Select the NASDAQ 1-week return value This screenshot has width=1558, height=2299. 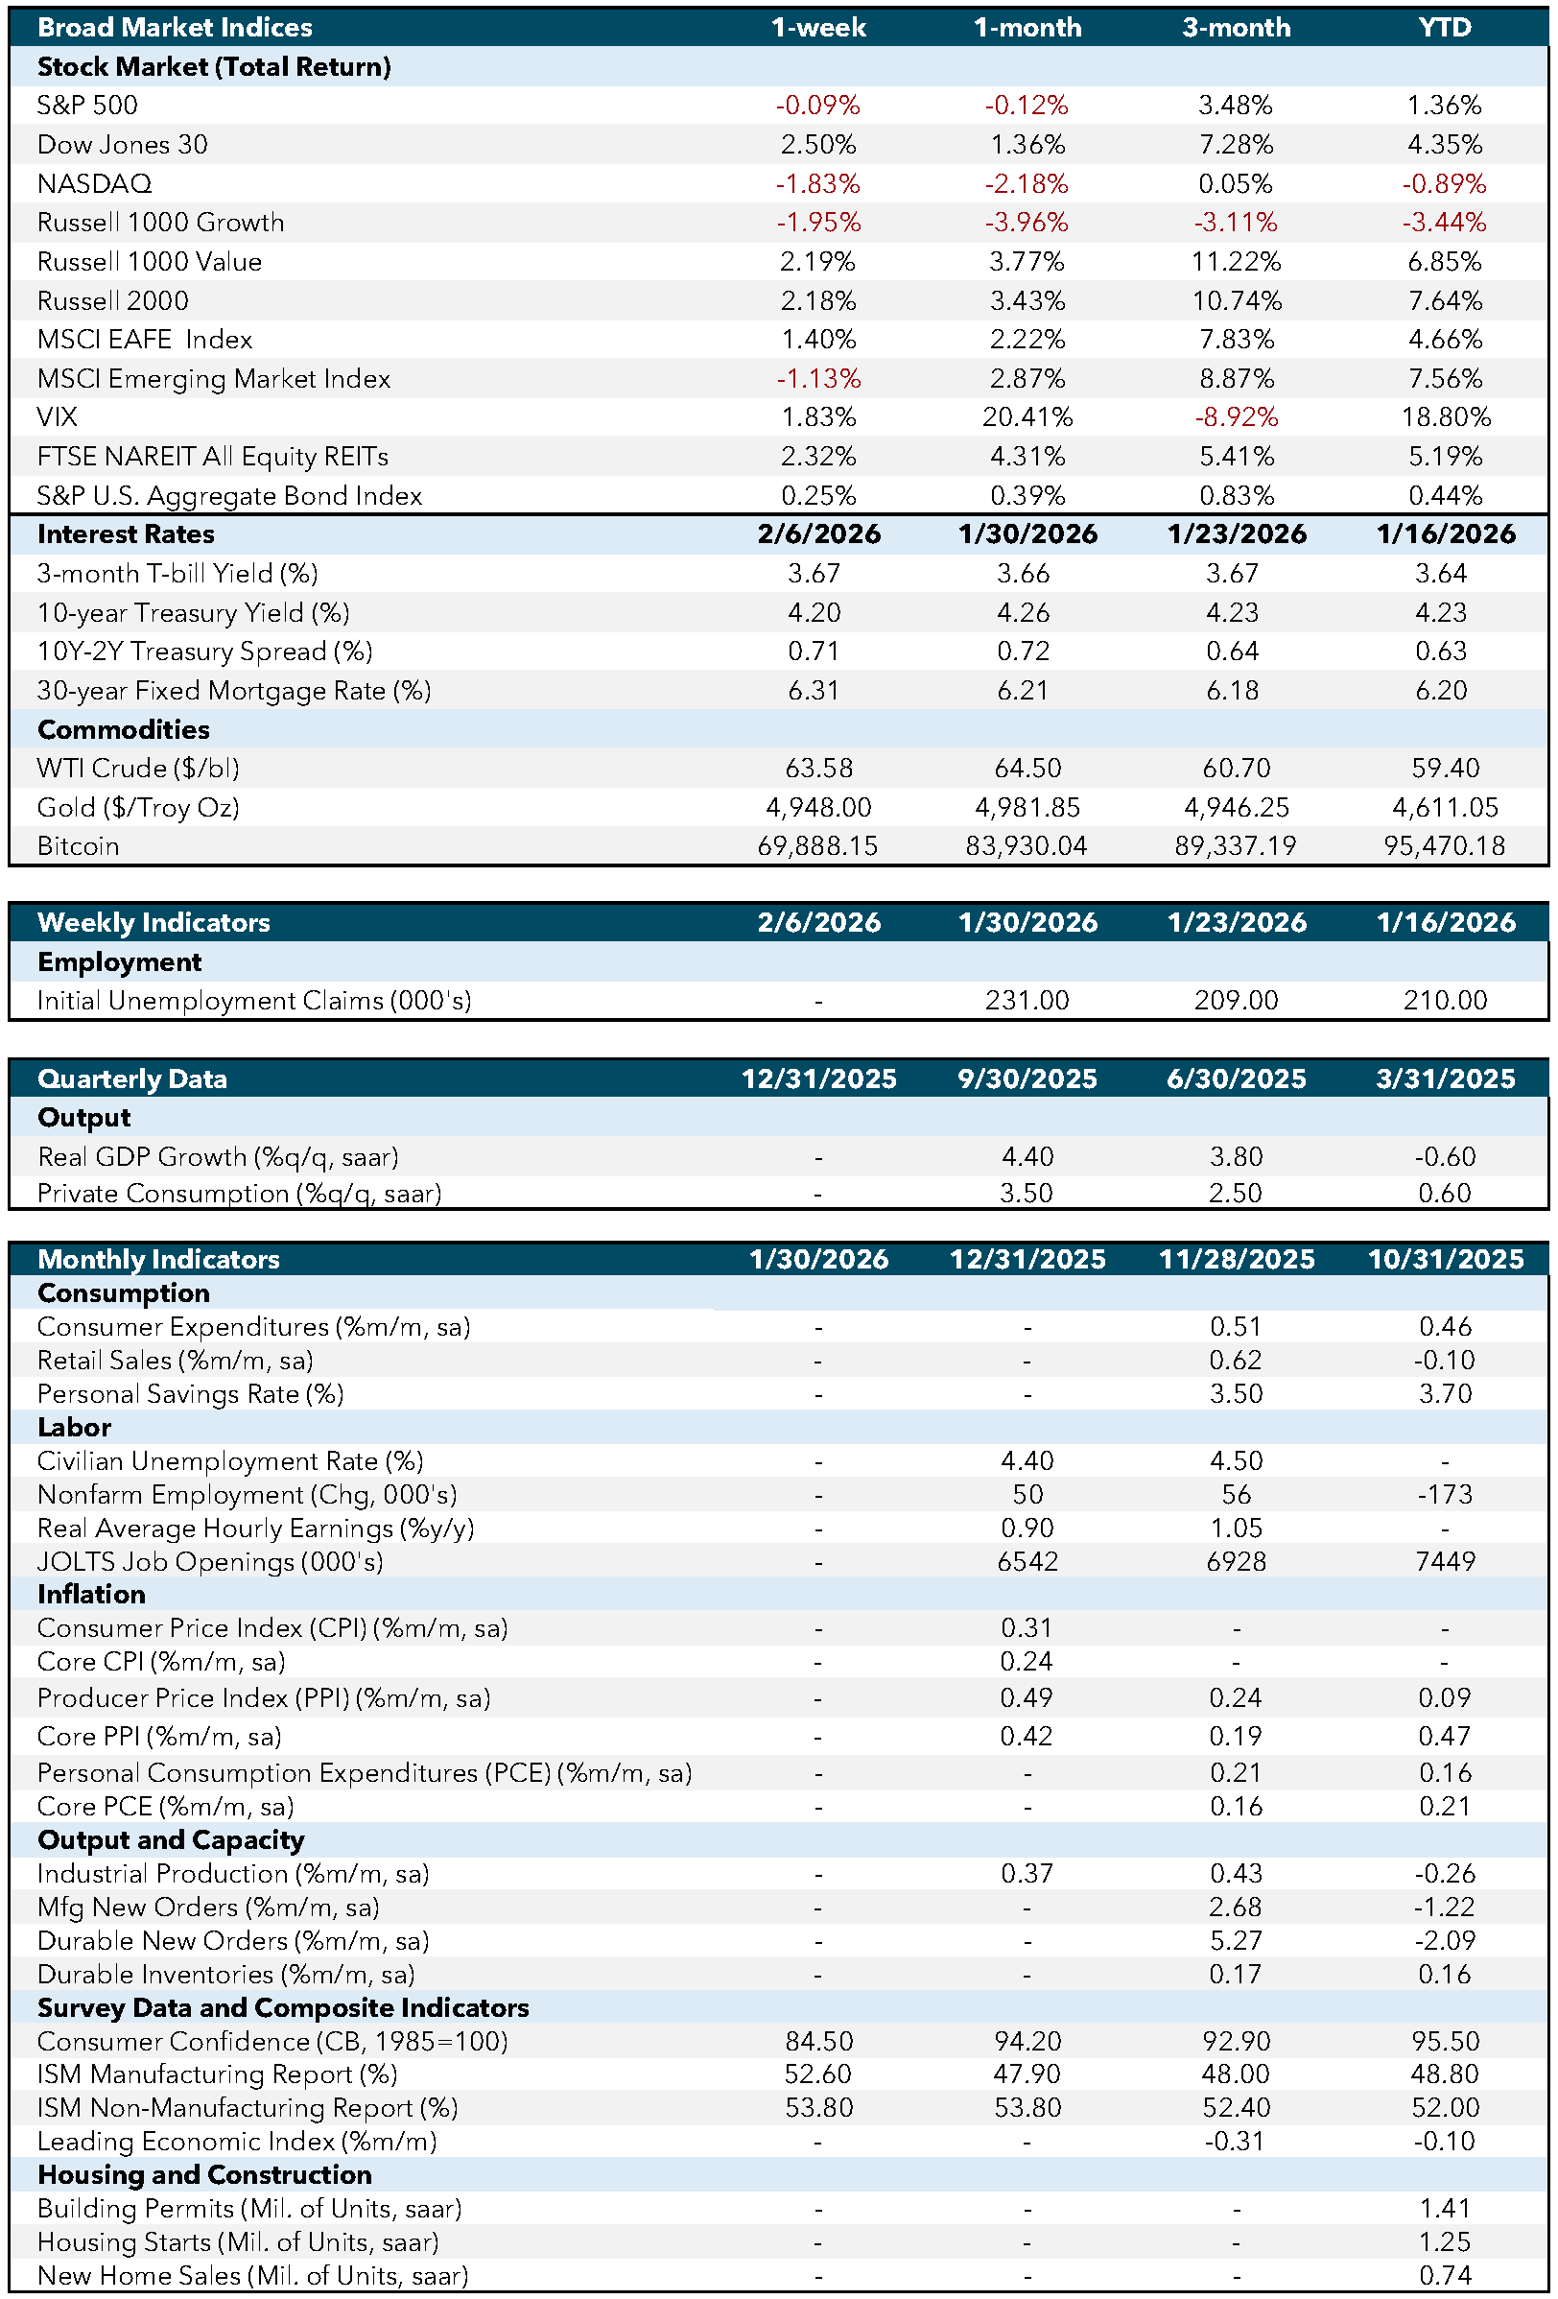click(x=817, y=183)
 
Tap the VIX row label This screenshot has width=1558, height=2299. click(x=58, y=416)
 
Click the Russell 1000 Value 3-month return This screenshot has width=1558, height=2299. click(x=1236, y=261)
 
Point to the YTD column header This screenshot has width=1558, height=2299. click(x=1444, y=27)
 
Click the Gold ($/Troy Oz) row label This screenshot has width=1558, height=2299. click(x=138, y=807)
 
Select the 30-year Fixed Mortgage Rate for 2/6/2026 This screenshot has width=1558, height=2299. click(x=814, y=691)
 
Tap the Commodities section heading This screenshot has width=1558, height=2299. click(x=124, y=729)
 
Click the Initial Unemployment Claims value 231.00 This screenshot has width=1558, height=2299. click(x=1027, y=1000)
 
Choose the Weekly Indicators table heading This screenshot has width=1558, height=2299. click(x=153, y=922)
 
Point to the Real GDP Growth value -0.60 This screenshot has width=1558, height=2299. click(x=1444, y=1156)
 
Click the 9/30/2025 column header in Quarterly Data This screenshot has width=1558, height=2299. click(x=1027, y=1078)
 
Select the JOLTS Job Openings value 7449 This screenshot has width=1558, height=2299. click(x=1444, y=1561)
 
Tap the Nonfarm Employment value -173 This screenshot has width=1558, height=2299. click(x=1444, y=1494)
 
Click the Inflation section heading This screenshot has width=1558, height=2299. click(x=91, y=1595)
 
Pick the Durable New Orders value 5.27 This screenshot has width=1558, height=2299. click(x=1236, y=1940)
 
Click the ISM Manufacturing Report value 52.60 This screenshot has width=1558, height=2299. click(x=817, y=2074)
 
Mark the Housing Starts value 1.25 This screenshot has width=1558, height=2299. click(x=1444, y=2241)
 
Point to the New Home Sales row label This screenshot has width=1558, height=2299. click(x=252, y=2275)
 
